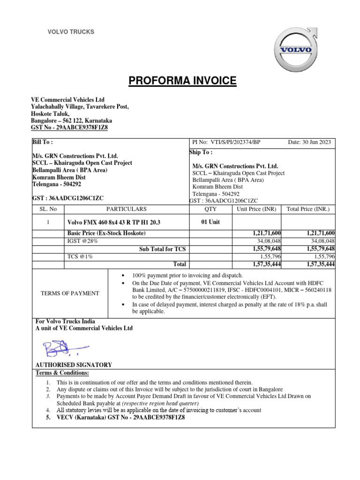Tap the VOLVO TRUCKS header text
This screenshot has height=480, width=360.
click(71, 32)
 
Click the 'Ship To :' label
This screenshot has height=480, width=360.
click(201, 152)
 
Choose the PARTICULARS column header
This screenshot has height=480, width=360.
click(126, 209)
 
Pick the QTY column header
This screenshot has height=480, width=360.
click(211, 209)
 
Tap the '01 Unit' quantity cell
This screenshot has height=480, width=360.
click(210, 222)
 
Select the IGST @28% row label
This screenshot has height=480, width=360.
click(83, 241)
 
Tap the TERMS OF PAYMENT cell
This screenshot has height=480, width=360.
click(70, 293)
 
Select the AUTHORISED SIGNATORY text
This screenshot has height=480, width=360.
click(74, 365)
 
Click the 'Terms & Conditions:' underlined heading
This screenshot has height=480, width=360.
click(62, 373)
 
